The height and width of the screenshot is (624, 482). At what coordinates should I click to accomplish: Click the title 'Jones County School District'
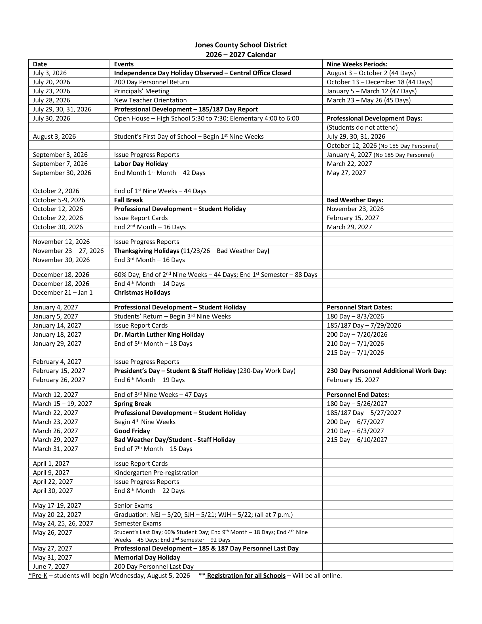coord(241,45)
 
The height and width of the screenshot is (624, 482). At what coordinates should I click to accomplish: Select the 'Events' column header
coord(124,64)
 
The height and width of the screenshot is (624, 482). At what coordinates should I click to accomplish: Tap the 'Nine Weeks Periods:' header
coord(357,64)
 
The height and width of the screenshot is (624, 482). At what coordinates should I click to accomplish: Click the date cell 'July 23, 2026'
coord(51,91)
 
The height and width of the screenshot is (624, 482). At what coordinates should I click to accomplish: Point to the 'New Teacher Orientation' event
coord(150,100)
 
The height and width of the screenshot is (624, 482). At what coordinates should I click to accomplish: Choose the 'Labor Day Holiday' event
coord(141,164)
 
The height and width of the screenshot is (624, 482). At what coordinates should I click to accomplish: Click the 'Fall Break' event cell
coord(128,200)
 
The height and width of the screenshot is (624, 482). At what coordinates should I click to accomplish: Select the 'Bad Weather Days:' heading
coord(355,200)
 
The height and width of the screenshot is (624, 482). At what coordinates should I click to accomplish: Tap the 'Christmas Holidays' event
coord(142,293)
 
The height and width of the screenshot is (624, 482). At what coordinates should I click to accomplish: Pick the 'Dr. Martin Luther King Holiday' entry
coord(159,335)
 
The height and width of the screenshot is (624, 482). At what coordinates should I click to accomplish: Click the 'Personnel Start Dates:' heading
coord(360,307)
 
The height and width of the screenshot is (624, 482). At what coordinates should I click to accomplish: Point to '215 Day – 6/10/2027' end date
coord(357,440)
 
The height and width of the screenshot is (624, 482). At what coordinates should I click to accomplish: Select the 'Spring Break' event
coord(132,404)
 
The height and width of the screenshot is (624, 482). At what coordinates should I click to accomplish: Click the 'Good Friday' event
coord(132,431)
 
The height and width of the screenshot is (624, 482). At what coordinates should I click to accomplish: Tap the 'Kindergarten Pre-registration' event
coord(156,473)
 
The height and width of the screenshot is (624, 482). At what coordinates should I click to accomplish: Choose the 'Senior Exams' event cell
coord(133,505)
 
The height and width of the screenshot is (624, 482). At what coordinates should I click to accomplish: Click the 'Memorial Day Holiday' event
coord(147,557)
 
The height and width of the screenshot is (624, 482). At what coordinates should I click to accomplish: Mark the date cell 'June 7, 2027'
coord(51,567)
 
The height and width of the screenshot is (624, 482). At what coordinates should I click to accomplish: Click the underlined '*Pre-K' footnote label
coord(38,576)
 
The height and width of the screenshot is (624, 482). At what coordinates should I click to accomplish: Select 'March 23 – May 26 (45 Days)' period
coord(369,100)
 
